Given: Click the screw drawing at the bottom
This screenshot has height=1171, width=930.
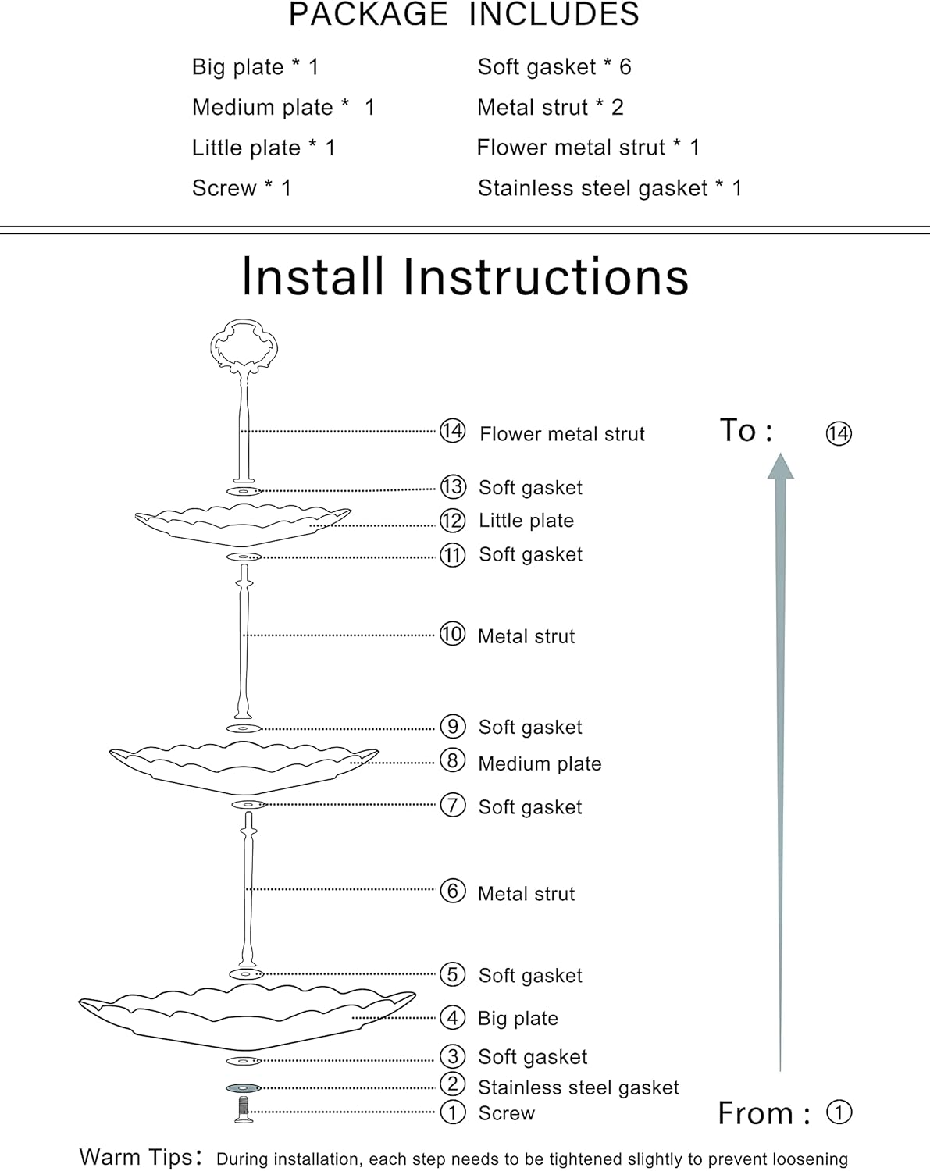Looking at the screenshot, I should [x=244, y=1109].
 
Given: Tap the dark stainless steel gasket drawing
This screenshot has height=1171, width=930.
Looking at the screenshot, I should [x=244, y=1087].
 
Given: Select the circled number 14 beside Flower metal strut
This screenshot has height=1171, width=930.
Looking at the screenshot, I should [x=452, y=431].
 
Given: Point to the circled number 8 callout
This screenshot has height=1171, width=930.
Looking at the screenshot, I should [x=452, y=760].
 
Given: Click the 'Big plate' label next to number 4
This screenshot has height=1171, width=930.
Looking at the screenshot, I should [x=518, y=1018].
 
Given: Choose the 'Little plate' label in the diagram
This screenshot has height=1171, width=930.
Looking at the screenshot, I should [x=526, y=521].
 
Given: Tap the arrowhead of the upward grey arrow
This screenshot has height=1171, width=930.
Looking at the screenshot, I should [x=780, y=467].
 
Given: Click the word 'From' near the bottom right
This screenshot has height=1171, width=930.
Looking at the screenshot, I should [x=755, y=1113].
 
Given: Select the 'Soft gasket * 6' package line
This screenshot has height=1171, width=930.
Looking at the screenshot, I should [x=554, y=67].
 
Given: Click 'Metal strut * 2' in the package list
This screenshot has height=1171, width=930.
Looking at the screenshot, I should [x=550, y=108].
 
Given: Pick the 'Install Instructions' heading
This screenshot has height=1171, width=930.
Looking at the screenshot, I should [x=465, y=276].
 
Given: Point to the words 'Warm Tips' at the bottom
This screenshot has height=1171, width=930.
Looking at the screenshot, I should [x=135, y=1157].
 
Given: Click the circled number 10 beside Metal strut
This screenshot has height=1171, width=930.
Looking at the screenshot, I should [x=452, y=634].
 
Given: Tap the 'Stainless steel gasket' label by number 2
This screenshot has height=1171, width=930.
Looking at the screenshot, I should [x=578, y=1087].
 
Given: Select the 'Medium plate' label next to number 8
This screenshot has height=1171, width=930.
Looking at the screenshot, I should [x=540, y=763].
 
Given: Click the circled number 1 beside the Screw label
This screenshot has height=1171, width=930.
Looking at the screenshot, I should [x=452, y=1112].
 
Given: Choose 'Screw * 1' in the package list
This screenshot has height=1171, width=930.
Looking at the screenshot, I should [x=241, y=188].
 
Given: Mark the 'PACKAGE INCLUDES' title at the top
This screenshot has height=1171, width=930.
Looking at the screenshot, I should [x=464, y=15].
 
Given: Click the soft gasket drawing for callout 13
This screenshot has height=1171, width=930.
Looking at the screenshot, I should [x=244, y=491].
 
